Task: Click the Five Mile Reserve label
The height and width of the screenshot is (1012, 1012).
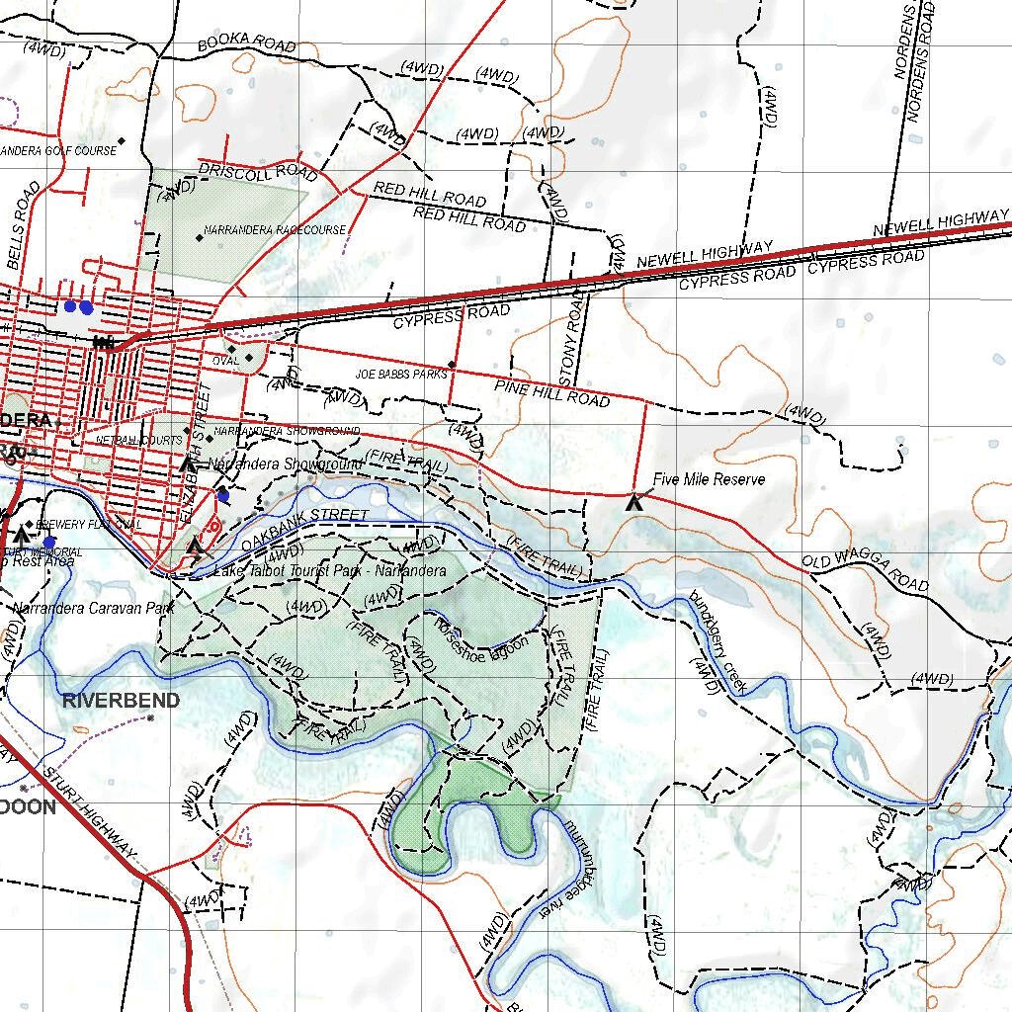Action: pyautogui.click(x=709, y=480)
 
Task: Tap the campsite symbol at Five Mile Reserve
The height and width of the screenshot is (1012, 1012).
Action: pyautogui.click(x=635, y=502)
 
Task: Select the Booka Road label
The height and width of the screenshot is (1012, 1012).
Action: pyautogui.click(x=246, y=43)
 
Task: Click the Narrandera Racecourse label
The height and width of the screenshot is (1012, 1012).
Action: pyautogui.click(x=275, y=230)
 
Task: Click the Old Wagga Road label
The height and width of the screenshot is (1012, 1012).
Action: pyautogui.click(x=866, y=573)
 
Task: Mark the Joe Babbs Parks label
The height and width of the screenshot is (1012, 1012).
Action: pyautogui.click(x=401, y=375)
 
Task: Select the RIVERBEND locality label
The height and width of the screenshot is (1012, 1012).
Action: pyautogui.click(x=122, y=701)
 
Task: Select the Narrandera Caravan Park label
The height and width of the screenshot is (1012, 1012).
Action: pyautogui.click(x=94, y=609)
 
